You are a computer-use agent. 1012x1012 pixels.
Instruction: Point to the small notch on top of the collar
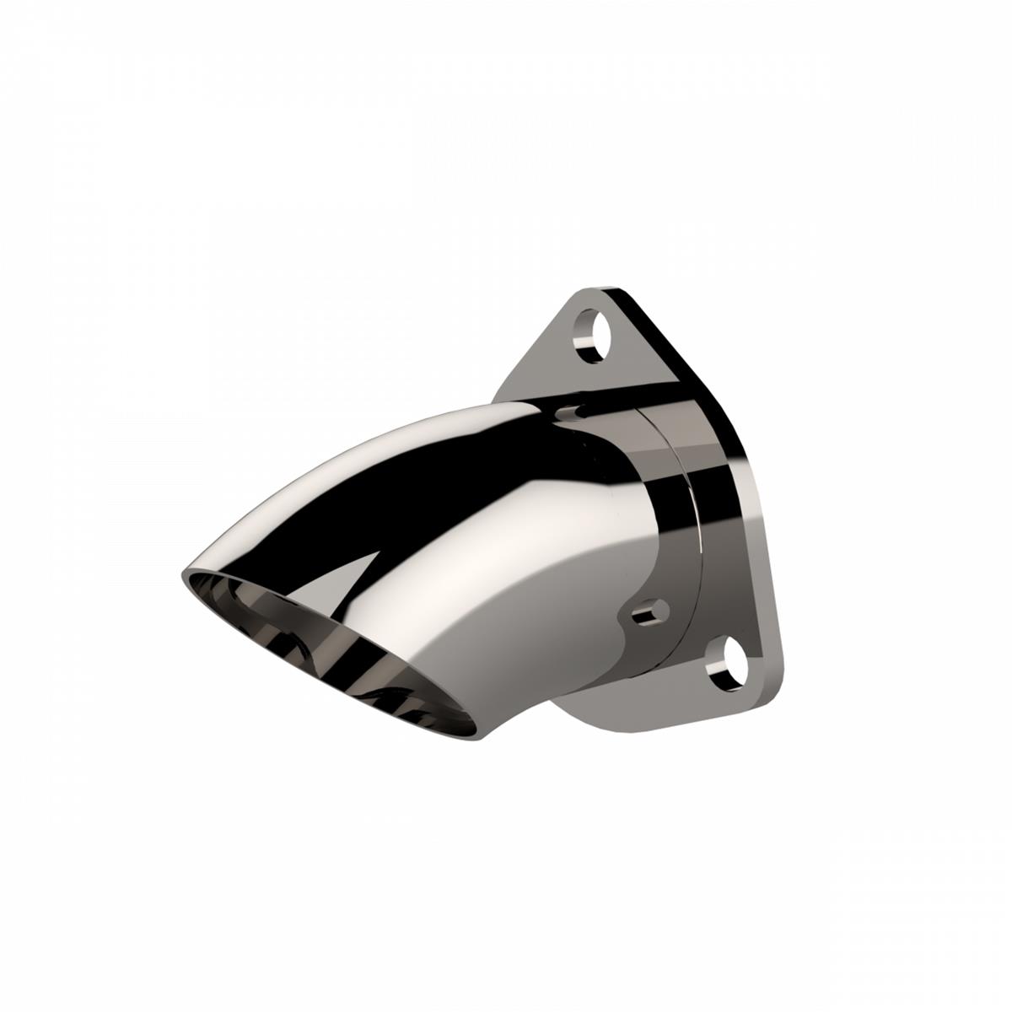(572, 412)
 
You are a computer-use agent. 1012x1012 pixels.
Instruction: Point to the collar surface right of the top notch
(616, 422)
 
